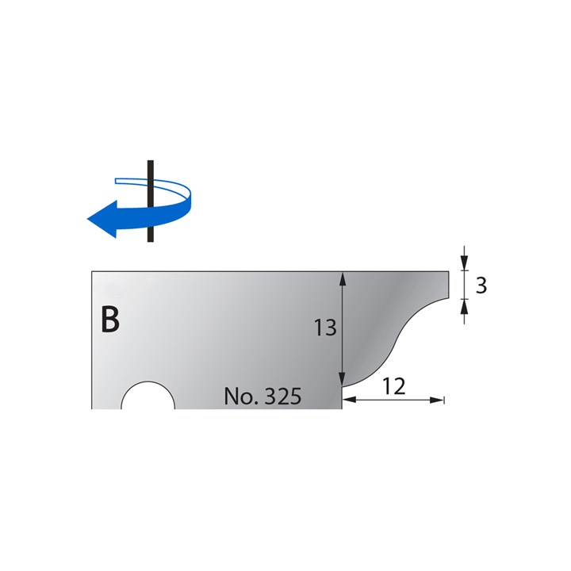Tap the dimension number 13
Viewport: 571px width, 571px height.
click(x=326, y=327)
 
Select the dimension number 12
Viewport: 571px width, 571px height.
click(x=393, y=386)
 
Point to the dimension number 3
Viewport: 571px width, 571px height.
click(x=481, y=285)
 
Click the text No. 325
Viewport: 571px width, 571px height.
click(x=263, y=396)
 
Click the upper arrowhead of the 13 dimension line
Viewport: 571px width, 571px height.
click(x=343, y=278)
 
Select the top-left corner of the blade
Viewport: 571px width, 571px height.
click(x=92, y=272)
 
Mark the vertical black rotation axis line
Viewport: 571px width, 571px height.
click(x=149, y=202)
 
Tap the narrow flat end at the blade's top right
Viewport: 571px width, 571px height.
click(x=449, y=284)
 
